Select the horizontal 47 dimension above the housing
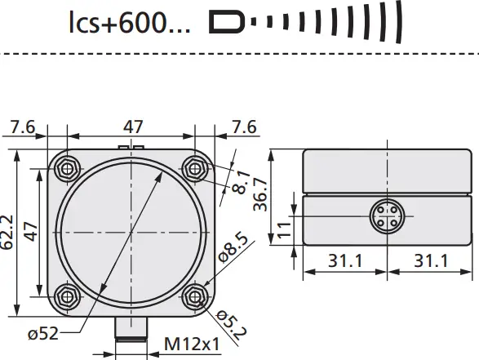(133, 127)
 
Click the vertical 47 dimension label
(29, 232)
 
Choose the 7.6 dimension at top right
(242, 127)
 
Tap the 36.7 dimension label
(260, 194)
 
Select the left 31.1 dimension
(344, 260)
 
